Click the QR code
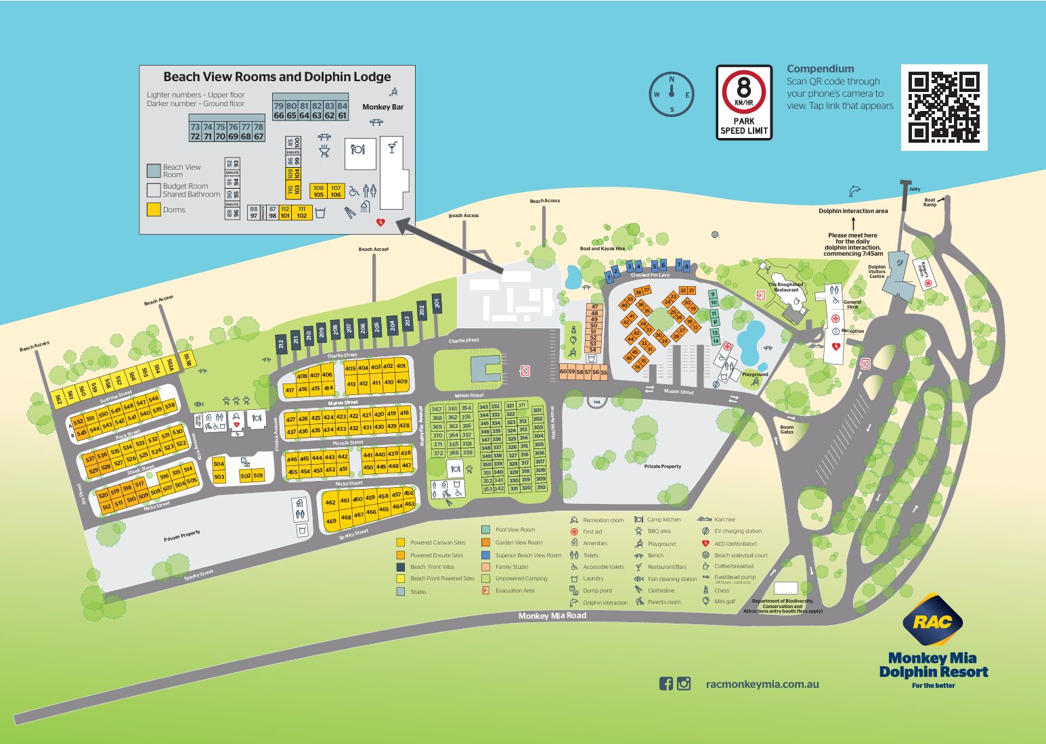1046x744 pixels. (944, 108)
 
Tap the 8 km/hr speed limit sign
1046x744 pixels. (744, 102)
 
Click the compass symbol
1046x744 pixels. (672, 95)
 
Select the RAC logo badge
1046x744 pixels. (932, 620)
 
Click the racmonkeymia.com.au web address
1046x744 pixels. (762, 684)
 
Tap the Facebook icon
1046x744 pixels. (666, 684)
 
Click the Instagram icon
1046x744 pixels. (684, 684)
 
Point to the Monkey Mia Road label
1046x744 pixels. (552, 615)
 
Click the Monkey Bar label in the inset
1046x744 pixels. (383, 107)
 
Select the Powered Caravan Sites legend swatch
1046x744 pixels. (400, 542)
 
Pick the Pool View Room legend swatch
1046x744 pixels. (485, 530)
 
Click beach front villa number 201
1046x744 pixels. (437, 304)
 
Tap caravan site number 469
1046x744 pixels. (330, 521)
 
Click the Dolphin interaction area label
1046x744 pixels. (853, 211)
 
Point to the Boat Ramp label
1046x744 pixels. (930, 202)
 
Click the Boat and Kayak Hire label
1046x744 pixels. (602, 249)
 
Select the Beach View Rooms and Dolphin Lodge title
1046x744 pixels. (277, 77)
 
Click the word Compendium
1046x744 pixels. (820, 69)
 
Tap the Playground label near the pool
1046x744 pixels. (755, 374)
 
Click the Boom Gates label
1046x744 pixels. (787, 429)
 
